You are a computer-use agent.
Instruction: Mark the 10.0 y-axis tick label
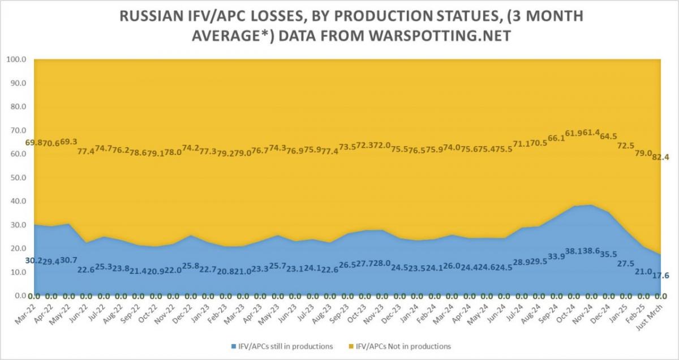(x=18, y=272)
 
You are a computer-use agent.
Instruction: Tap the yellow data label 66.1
(x=557, y=139)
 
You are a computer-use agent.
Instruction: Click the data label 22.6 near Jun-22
(x=87, y=269)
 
